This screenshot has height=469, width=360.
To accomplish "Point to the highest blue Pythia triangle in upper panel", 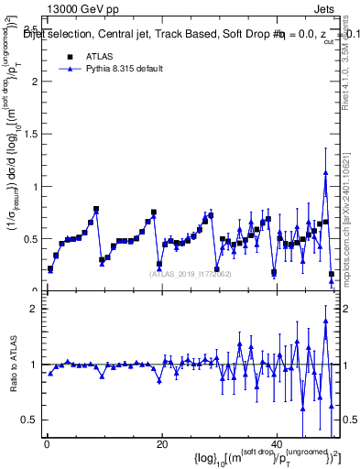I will coord(325,172).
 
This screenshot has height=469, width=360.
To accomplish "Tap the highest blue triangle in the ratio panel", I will coord(325,321).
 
